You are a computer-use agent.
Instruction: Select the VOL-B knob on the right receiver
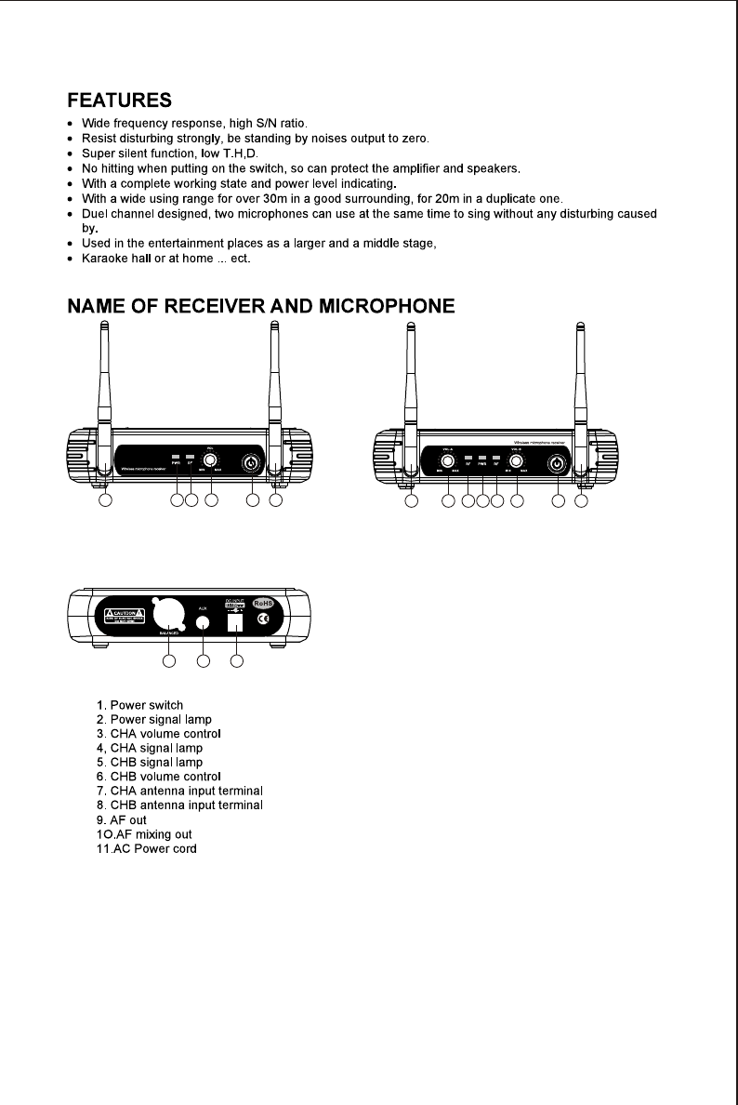pos(516,458)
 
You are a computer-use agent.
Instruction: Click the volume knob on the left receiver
pos(212,459)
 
